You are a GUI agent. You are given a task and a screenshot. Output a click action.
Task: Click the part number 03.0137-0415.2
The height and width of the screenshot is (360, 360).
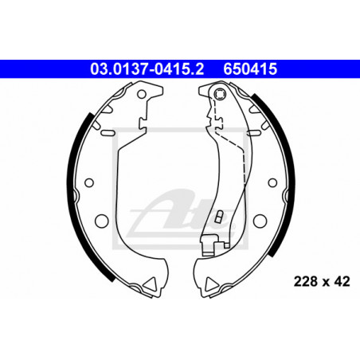(147, 69)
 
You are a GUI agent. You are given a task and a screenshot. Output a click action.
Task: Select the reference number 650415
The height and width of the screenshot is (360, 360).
(250, 69)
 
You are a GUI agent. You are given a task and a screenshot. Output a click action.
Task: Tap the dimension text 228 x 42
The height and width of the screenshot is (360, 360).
(322, 281)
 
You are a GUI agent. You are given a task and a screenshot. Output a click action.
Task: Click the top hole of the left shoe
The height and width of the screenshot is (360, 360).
(142, 94)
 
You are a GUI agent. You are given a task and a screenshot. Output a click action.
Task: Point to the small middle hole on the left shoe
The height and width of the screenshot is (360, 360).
(89, 182)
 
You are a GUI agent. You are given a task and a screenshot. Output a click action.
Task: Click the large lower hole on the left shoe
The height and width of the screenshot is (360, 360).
(102, 221)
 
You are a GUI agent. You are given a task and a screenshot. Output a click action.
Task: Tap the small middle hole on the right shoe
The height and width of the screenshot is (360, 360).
(272, 182)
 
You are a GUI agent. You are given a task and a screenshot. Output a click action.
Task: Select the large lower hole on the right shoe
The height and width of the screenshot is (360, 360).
(260, 221)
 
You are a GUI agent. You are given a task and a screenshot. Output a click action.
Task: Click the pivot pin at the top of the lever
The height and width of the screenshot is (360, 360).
(220, 94)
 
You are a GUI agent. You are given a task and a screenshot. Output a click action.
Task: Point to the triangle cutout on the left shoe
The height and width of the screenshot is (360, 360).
(151, 284)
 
